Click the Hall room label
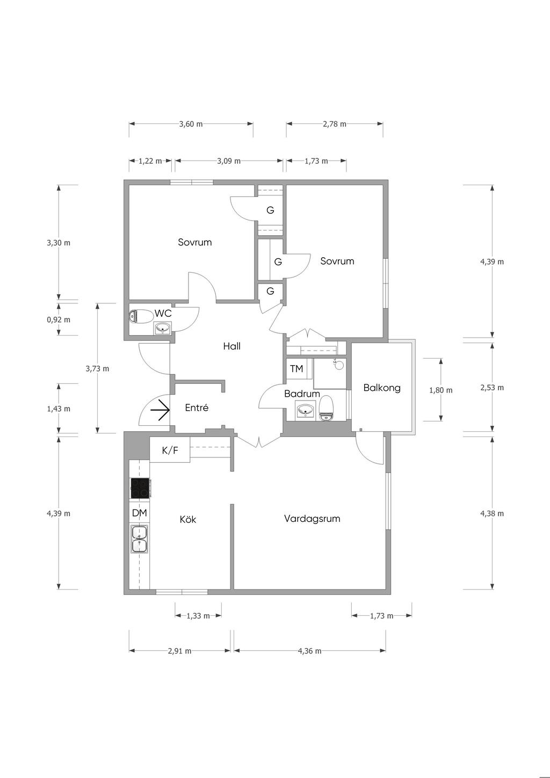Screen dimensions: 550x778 pos(231,346)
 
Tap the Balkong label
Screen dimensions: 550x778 pos(382,388)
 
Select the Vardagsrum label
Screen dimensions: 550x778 pos(312,519)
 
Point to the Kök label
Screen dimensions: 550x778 pos(188,519)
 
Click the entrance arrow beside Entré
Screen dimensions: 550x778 pos(160,410)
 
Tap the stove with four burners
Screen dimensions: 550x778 pos(140,488)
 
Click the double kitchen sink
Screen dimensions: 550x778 pos(139,539)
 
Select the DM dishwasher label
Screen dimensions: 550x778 pos(140,513)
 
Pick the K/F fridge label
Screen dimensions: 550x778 pos(170,450)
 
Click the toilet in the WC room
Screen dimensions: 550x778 pos(141,316)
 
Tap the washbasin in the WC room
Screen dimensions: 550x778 pos(163,328)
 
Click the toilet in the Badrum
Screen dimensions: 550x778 pos(326,409)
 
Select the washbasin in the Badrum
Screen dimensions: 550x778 pos(306,410)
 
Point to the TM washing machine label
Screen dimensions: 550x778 pos(296,368)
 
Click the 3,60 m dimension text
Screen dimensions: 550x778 pos(191,124)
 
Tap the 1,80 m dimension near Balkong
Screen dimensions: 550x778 pos(441,390)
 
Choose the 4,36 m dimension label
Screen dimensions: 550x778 pos(309,651)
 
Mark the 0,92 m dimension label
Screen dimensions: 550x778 pos(59,319)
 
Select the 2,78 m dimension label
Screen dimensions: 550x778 pos(335,124)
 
